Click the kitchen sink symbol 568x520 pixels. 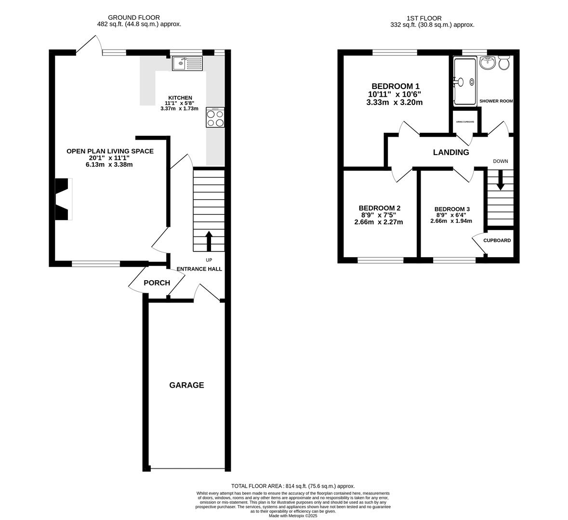coord(187,63)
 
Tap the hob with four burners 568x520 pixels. coord(215,118)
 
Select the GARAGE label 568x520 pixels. coord(186,385)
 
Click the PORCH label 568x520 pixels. coord(157,283)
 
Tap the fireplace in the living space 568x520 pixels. coord(63,199)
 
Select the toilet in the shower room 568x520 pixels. coord(504,63)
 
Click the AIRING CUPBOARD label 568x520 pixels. coord(465,122)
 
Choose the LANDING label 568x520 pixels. coord(451,152)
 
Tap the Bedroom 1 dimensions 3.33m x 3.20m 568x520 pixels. coord(395,103)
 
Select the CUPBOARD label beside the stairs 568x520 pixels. coord(497,240)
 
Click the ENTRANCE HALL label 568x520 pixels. coord(199,269)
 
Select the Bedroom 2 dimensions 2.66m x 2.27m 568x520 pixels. coord(379,222)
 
